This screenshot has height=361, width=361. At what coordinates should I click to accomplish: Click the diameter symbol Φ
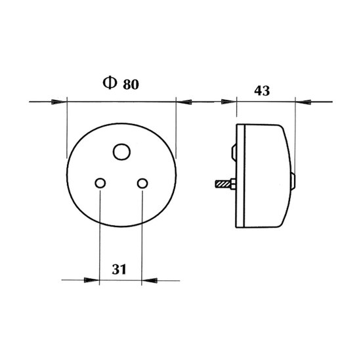click(x=109, y=84)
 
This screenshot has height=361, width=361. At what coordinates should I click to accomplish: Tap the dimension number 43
click(x=261, y=91)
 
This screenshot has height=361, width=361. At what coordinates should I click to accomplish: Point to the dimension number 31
click(x=119, y=268)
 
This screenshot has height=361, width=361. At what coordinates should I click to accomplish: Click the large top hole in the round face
click(x=121, y=152)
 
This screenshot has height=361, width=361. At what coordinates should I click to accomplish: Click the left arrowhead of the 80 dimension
click(x=60, y=101)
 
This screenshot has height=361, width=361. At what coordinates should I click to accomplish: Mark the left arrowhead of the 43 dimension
click(x=229, y=101)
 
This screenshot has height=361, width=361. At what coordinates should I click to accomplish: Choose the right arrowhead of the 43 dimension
click(x=303, y=101)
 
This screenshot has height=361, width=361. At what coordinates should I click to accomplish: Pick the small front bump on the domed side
click(x=293, y=179)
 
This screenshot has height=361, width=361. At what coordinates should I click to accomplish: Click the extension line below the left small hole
click(x=100, y=236)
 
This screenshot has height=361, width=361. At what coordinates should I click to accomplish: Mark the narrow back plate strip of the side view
click(x=241, y=176)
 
